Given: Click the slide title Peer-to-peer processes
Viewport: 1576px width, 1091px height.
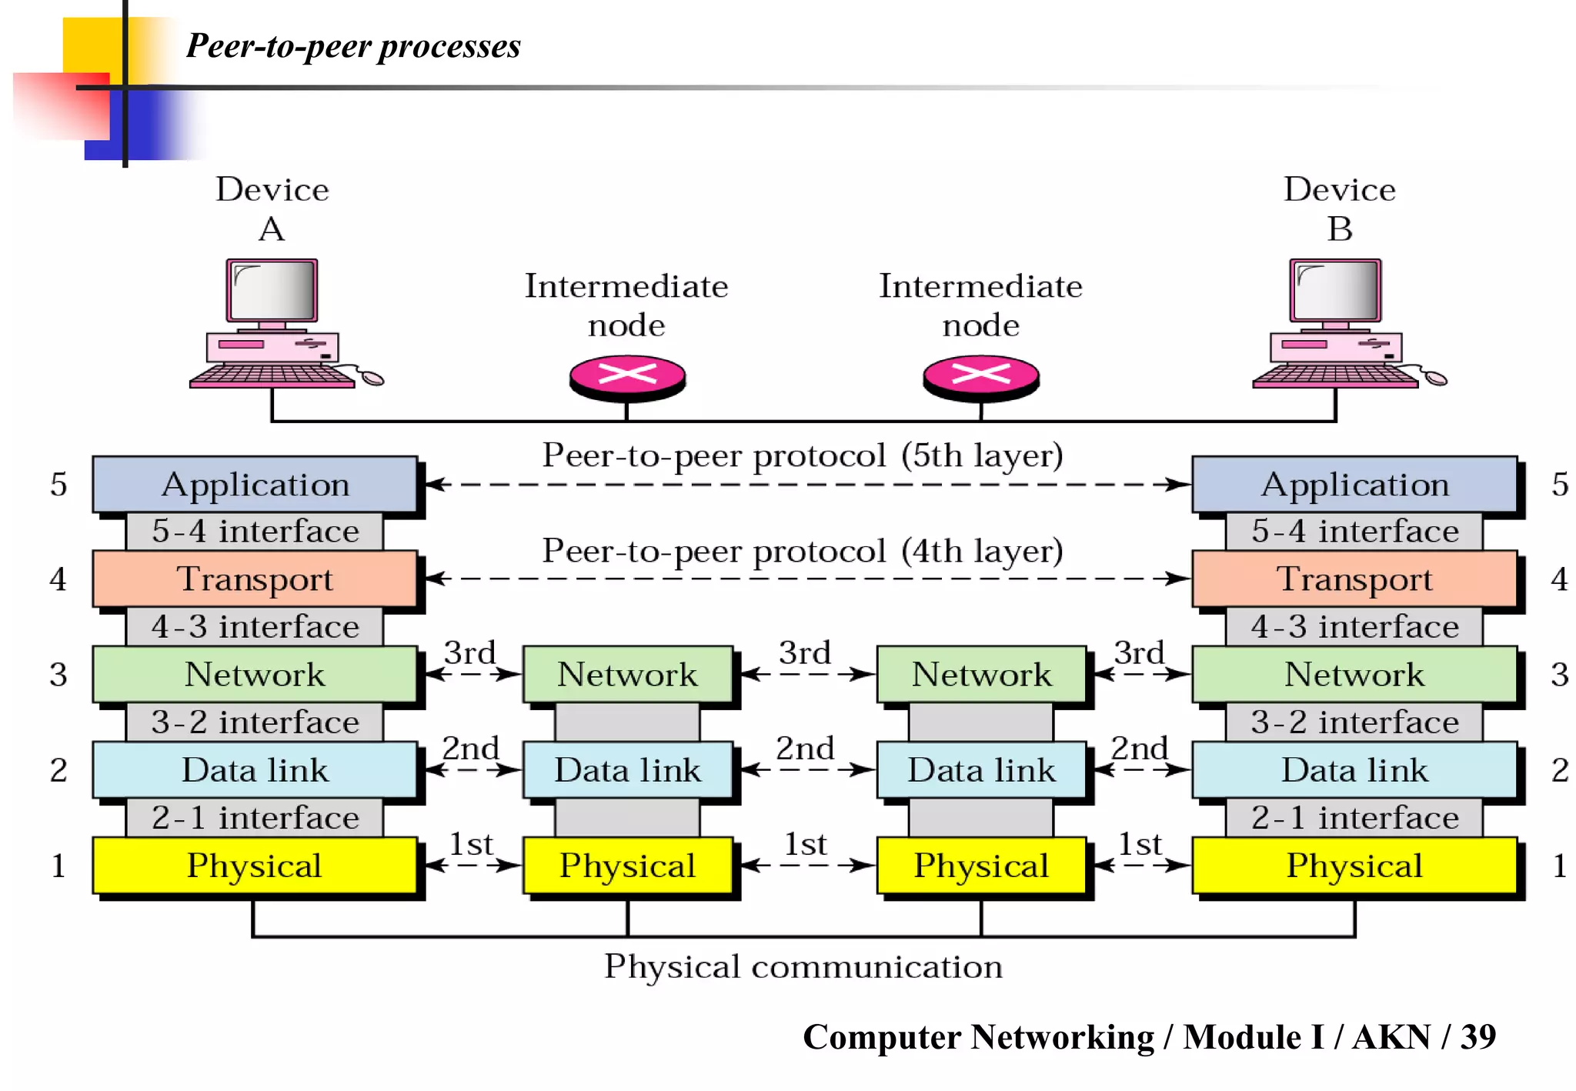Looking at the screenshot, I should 353,46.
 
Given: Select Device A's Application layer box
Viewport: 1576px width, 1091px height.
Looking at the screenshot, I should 255,485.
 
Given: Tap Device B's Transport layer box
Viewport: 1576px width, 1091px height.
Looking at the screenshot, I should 1354,579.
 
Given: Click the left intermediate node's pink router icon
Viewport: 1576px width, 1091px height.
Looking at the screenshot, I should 627,375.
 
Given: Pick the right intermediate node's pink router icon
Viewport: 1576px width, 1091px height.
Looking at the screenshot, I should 981,375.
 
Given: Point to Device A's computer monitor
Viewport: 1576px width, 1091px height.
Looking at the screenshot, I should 272,291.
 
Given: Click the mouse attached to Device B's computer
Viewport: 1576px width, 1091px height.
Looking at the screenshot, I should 1435,378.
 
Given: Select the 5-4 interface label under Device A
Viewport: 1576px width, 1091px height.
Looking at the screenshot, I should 255,532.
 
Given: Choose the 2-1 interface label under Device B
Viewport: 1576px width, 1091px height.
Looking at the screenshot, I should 1354,818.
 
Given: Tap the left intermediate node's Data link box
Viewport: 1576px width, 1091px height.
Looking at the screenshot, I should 627,770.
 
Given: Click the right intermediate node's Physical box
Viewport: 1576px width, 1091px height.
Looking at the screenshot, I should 981,866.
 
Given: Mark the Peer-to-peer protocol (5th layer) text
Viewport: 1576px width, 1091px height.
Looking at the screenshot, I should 803,455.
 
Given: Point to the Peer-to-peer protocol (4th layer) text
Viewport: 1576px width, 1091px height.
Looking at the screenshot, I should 803,551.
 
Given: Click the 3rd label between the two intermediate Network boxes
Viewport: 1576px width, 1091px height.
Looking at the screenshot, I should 805,653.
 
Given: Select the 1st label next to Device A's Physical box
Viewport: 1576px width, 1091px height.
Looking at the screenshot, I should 470,845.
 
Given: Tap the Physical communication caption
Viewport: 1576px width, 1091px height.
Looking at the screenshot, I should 803,966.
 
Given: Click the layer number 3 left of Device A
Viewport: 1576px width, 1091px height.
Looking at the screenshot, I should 58,675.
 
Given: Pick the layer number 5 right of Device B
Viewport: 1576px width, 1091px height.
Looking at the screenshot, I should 1560,485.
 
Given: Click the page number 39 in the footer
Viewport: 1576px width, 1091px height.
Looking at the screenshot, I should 1477,1037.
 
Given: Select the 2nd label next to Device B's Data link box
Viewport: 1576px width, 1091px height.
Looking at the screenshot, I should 1139,749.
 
